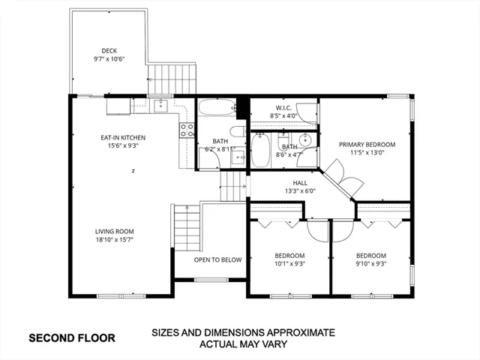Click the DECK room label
coord(109,51)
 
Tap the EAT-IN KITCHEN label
coord(123,138)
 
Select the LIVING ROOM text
coord(114,232)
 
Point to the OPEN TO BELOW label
coord(217,259)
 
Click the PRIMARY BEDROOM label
coord(367,144)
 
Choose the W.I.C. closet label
coord(283,106)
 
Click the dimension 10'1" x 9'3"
coord(289,263)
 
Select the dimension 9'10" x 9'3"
coord(370,263)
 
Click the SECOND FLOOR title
coord(72,338)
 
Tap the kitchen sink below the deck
coord(160,106)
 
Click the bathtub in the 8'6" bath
coord(262,149)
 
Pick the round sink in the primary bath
coord(305,140)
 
